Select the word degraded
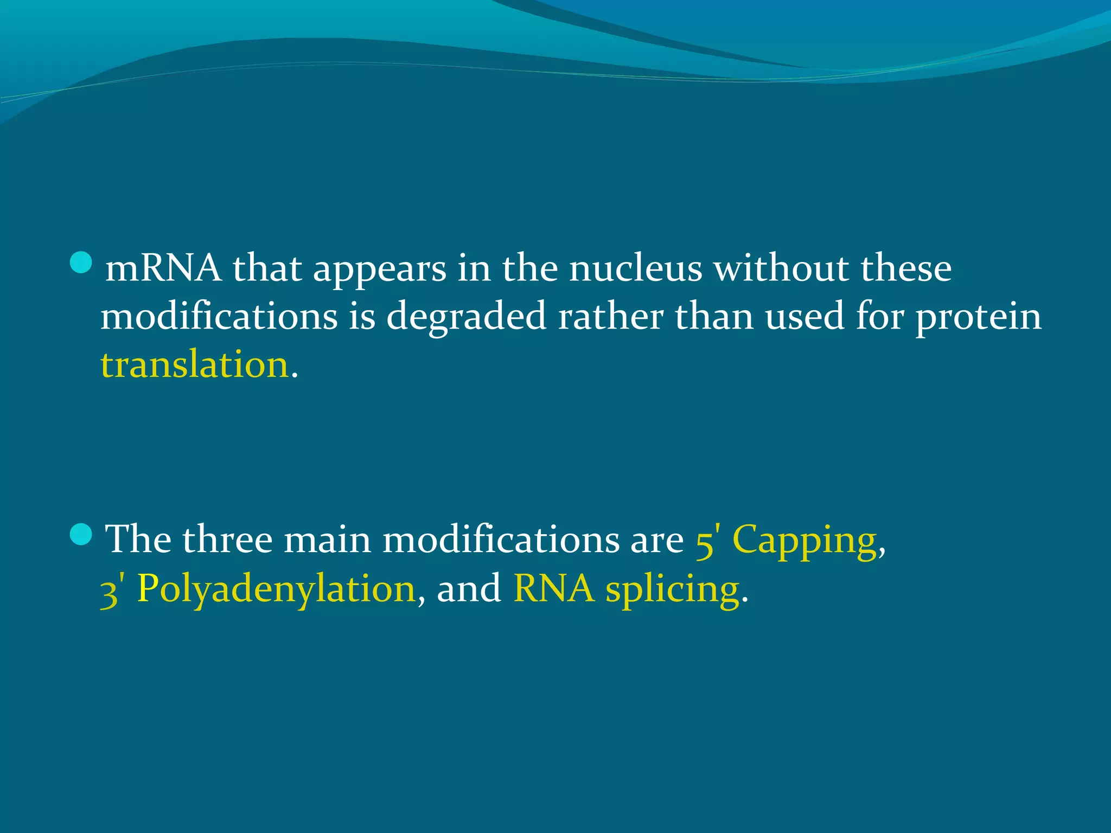(x=466, y=316)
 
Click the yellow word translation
(x=194, y=364)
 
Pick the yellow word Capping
(x=804, y=540)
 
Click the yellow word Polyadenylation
(x=277, y=589)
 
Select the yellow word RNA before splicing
(x=553, y=588)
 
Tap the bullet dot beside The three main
(x=81, y=535)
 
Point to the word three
(x=227, y=540)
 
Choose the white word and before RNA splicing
(x=469, y=588)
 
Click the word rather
(x=610, y=316)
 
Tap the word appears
(x=380, y=270)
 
